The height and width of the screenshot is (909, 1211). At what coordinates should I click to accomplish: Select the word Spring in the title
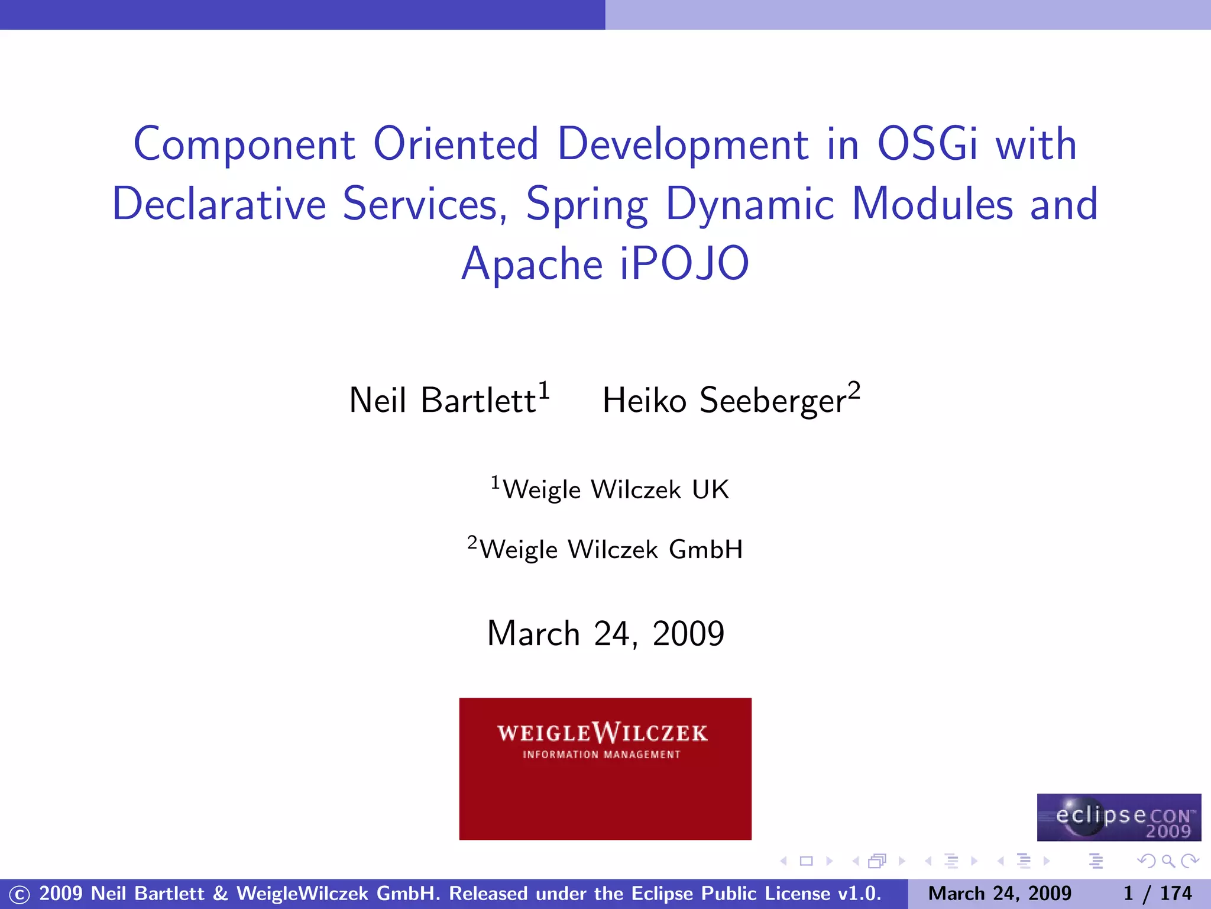point(587,205)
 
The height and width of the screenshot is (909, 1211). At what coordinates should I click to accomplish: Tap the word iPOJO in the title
point(684,264)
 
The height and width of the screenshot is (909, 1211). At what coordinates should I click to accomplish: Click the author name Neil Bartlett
point(442,400)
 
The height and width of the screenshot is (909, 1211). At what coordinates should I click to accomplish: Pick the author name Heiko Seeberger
point(724,400)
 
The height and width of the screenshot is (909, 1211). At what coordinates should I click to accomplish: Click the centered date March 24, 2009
point(605,634)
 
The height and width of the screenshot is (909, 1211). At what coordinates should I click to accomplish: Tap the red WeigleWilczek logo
point(605,793)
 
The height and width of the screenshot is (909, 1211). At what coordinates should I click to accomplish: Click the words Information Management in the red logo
point(601,755)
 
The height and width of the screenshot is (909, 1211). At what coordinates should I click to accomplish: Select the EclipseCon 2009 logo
point(1119,817)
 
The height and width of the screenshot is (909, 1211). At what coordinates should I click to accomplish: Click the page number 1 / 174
point(1157,893)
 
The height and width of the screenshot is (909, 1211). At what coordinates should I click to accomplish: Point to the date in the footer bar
point(999,893)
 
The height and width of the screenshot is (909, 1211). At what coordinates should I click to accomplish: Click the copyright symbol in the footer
point(19,894)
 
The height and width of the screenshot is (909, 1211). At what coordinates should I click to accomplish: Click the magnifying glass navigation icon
point(1168,861)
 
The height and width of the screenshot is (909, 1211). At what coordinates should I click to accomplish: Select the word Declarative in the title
point(219,204)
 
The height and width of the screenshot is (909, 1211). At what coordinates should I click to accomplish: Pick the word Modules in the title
point(932,204)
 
